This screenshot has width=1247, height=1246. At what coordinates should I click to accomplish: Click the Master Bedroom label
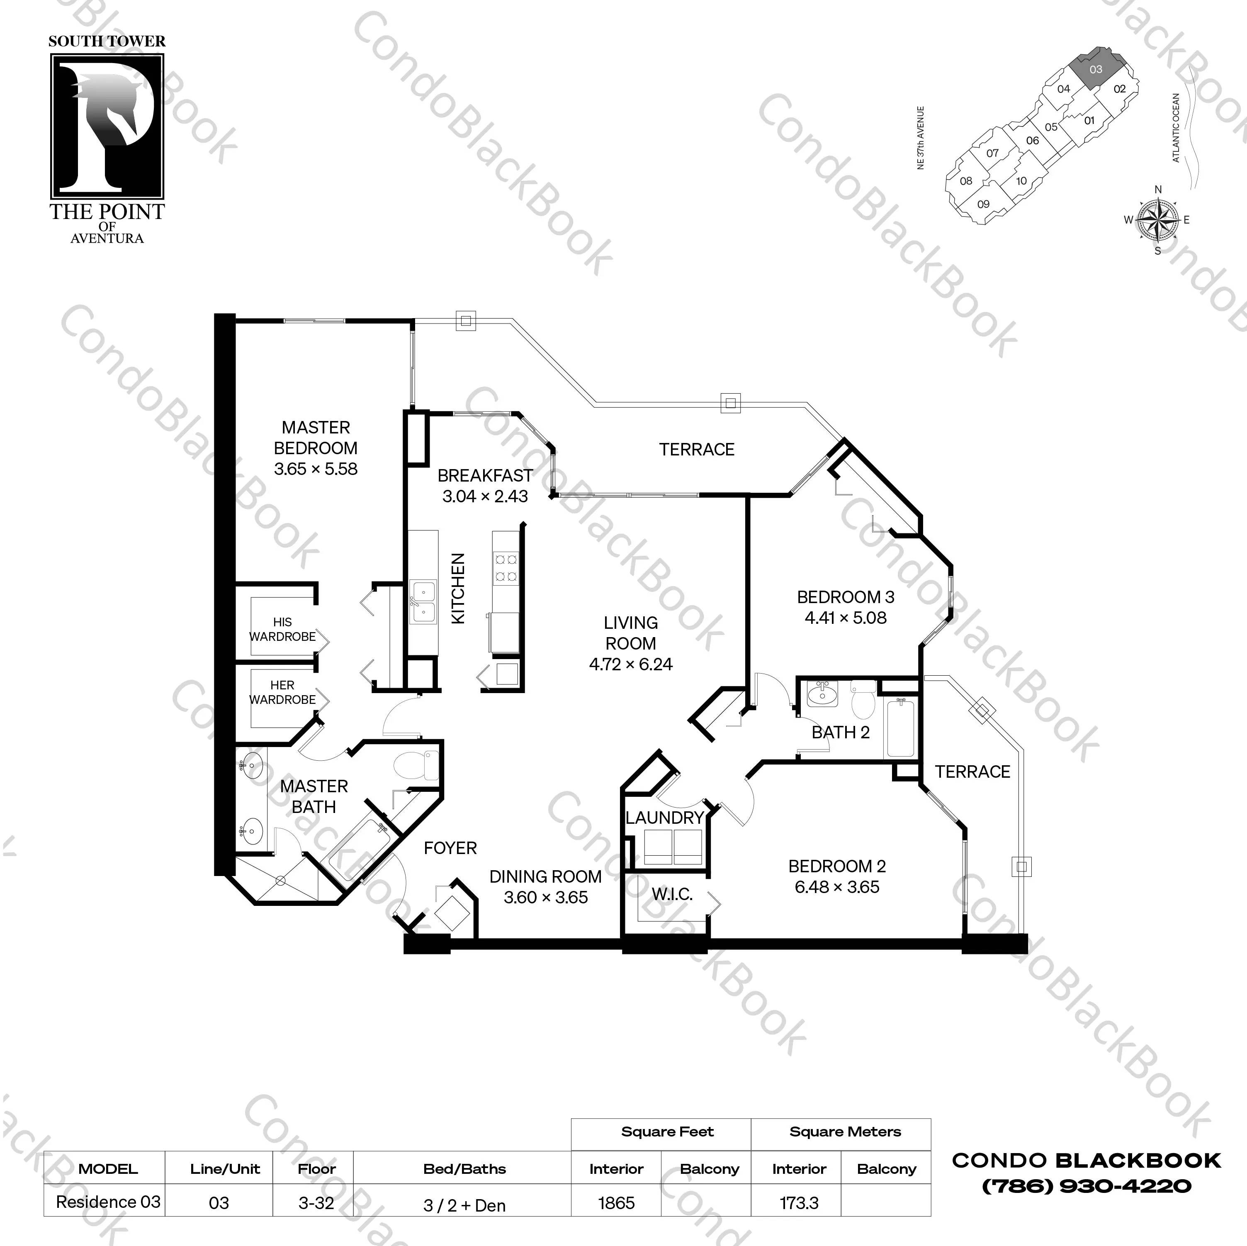(316, 438)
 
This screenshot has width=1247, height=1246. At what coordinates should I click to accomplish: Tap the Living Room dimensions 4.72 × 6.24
(631, 664)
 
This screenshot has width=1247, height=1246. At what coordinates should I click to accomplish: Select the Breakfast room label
(485, 476)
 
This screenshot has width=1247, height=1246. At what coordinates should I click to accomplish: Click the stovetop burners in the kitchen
(506, 567)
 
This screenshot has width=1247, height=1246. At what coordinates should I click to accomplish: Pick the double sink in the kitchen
(423, 601)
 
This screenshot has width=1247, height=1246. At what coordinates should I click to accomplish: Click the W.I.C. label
(672, 894)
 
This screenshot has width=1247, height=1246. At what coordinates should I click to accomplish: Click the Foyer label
(450, 848)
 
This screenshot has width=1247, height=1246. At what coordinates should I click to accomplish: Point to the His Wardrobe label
(283, 629)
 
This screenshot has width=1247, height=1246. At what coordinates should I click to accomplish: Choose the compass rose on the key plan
(1157, 219)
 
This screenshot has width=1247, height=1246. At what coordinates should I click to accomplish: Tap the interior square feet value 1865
(616, 1203)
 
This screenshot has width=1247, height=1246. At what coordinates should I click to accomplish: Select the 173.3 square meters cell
(799, 1203)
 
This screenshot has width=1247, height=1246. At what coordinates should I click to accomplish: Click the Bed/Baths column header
(464, 1168)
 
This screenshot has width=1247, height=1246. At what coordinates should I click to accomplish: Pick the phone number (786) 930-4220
(1086, 1186)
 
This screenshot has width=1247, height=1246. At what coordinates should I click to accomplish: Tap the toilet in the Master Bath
(415, 765)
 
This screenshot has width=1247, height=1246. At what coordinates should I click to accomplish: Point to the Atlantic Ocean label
(1175, 128)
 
